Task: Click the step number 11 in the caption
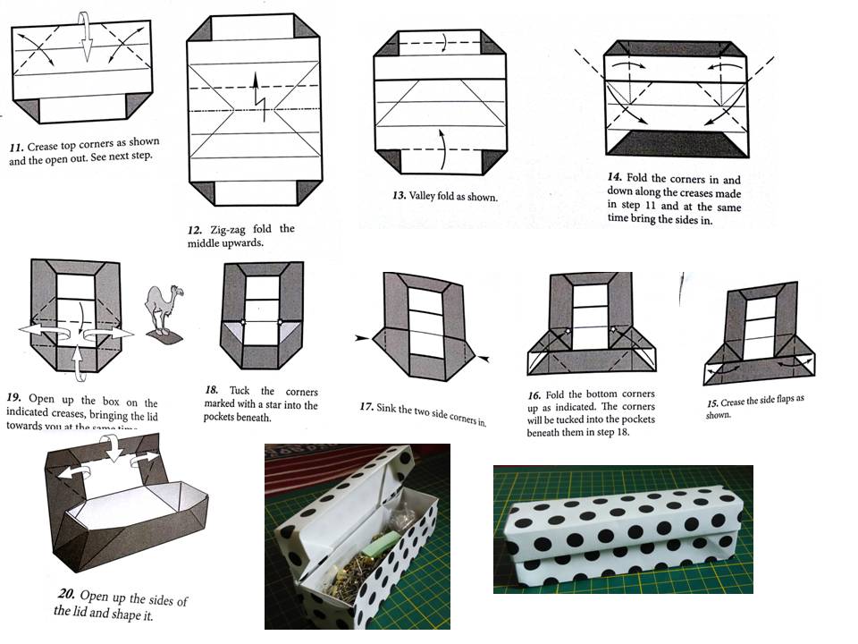pos(16,146)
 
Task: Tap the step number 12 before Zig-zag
pos(196,230)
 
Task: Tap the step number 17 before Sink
pos(366,407)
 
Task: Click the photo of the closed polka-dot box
pos(623,530)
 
